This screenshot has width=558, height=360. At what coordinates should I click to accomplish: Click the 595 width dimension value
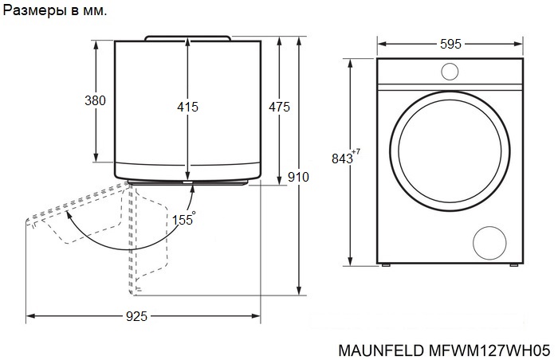(x=450, y=44)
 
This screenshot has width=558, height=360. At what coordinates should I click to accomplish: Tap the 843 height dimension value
(x=342, y=158)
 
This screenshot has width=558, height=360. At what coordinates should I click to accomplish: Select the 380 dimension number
(x=95, y=100)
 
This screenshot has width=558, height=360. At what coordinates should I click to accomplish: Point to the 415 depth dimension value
(x=187, y=107)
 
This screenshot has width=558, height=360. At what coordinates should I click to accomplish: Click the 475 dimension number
(x=279, y=107)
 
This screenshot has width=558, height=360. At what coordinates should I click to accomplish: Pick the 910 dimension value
(x=298, y=177)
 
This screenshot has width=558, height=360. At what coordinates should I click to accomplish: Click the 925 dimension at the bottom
(x=136, y=316)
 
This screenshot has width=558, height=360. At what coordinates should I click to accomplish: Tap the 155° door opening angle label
(x=183, y=219)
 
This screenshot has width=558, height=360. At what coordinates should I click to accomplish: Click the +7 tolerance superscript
(x=356, y=152)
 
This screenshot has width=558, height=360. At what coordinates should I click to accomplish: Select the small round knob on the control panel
(x=450, y=72)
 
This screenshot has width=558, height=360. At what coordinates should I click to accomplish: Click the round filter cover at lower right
(x=489, y=243)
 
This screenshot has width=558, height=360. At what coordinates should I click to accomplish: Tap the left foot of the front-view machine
(x=386, y=265)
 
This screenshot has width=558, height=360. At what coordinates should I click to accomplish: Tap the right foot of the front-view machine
(x=514, y=265)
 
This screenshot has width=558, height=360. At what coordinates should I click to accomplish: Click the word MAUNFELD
(x=381, y=350)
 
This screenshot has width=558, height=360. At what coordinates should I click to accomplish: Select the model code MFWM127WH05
(x=489, y=350)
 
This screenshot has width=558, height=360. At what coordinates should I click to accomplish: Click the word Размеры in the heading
(x=35, y=10)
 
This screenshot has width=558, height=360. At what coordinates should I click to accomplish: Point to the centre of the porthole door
(x=450, y=151)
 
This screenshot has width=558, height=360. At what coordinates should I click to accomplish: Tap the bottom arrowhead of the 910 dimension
(x=299, y=291)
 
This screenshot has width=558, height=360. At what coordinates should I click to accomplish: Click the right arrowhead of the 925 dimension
(x=257, y=316)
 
